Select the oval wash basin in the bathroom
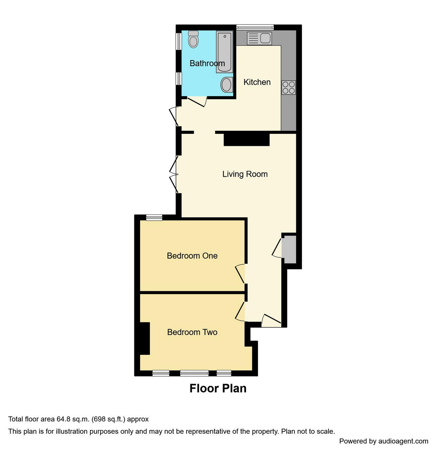tap(226, 85)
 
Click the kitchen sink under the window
tap(259, 38)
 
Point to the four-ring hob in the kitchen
tap(289, 88)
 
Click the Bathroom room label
tap(207, 63)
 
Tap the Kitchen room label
tap(257, 82)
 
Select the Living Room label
tap(245, 174)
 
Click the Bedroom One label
tap(192, 256)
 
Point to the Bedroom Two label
tap(192, 332)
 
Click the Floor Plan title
tap(218, 388)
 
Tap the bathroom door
tap(196, 101)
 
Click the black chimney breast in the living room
tap(246, 139)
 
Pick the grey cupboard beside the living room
tap(289, 249)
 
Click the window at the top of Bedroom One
tap(154, 217)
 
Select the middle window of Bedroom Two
tap(194, 373)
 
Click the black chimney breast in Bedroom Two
tap(145, 338)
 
